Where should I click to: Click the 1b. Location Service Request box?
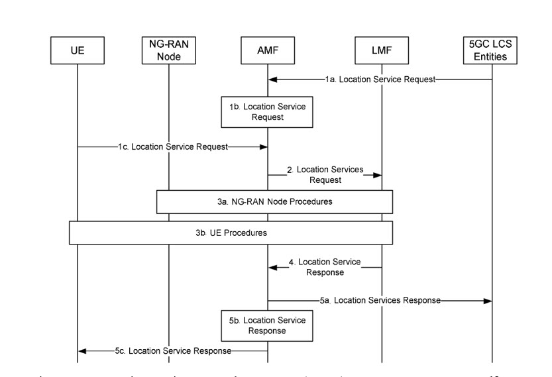point(268,111)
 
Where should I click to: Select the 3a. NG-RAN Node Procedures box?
point(275,201)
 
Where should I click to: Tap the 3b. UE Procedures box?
point(231,233)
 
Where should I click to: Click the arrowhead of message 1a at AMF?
point(272,80)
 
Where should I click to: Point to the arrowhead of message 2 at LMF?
point(378,175)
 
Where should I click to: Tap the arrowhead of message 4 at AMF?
point(272,267)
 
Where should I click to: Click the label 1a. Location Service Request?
point(380,80)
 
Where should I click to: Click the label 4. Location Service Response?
point(329,267)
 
